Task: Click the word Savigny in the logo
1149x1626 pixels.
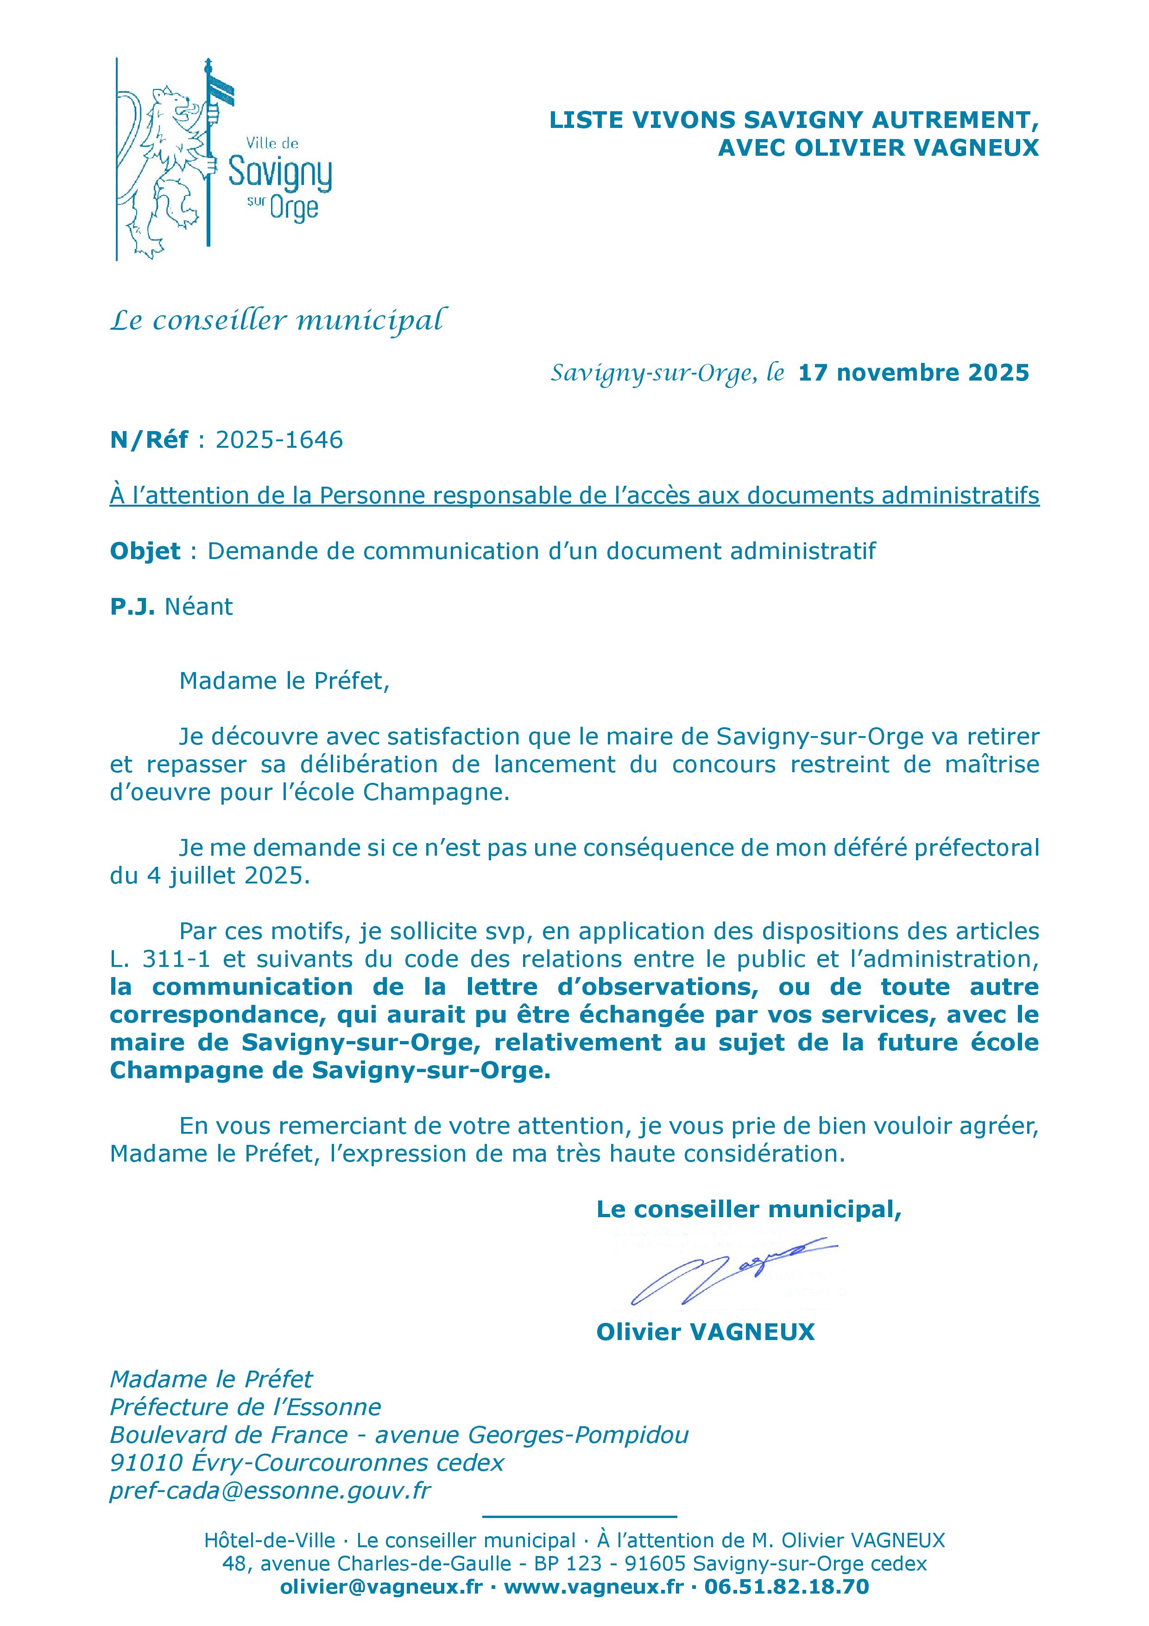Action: point(280,172)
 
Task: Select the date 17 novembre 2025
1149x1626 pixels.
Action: point(913,373)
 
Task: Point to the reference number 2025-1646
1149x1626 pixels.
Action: point(279,440)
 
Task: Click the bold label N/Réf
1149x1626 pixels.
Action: point(149,440)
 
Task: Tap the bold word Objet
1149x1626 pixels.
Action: point(145,551)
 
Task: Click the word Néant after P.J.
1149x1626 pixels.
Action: point(198,607)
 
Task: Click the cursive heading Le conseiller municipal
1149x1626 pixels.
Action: point(278,321)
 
